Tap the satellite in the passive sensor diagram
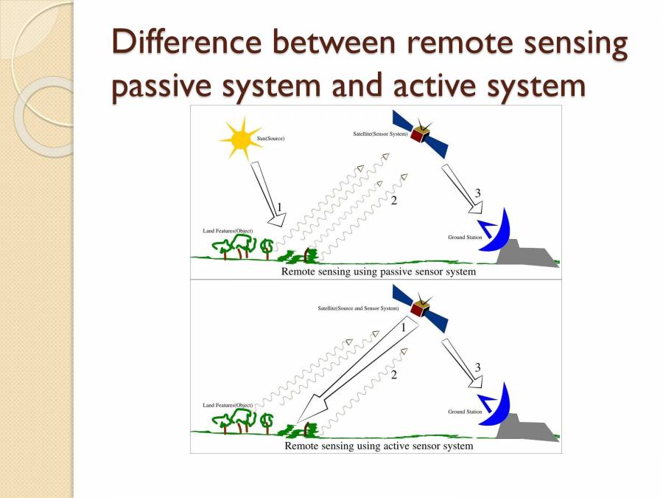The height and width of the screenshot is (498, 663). tap(421, 134)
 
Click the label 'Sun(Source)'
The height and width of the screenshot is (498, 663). tap(270, 139)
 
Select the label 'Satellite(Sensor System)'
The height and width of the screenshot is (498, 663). tap(381, 134)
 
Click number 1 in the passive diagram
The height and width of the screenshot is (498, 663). tap(279, 206)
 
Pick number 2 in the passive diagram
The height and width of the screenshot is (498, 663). tap(394, 201)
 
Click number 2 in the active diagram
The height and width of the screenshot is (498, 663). tap(394, 376)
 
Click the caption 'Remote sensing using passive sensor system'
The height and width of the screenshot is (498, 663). tap(379, 272)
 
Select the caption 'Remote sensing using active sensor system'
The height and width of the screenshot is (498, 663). tap(379, 446)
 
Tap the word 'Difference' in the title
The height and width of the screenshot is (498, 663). tap(180, 44)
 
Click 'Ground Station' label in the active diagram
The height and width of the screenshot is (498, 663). tap(466, 412)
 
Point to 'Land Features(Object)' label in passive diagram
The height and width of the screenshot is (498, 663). tap(228, 231)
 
